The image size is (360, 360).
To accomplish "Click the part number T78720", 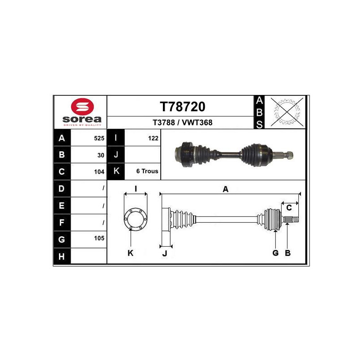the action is tap(183, 107).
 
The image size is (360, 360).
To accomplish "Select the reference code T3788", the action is tap(164, 122).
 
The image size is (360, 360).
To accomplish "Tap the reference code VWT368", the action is tap(197, 122).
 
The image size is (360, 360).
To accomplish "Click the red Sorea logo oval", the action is tap(82, 107).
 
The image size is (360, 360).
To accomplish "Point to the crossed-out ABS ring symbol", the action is tap(287, 112).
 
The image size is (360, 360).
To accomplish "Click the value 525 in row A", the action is tap(99, 138).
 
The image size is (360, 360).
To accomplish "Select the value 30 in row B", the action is tap(101, 155).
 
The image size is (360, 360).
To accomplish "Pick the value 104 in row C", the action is tap(99, 172).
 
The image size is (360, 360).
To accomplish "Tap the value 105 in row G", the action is tap(99, 238).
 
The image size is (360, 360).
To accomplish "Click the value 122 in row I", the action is tap(153, 138).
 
